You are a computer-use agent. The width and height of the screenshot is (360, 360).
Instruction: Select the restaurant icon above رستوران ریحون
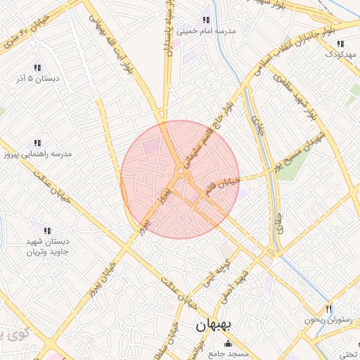pyautogui.click(x=328, y=309)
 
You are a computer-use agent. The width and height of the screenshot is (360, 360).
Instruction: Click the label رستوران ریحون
pyautogui.click(x=328, y=320)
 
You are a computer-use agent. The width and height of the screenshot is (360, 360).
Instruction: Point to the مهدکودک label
pyautogui.click(x=340, y=53)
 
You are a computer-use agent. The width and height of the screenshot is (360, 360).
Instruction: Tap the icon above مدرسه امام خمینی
pyautogui.click(x=206, y=20)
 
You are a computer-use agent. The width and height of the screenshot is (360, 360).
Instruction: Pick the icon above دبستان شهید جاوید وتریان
pyautogui.click(x=47, y=230)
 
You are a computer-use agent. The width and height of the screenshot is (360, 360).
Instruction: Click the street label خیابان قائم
pyautogui.click(x=223, y=186)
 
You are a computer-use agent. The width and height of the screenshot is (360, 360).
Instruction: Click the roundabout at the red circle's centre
pyautogui.click(x=181, y=171)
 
